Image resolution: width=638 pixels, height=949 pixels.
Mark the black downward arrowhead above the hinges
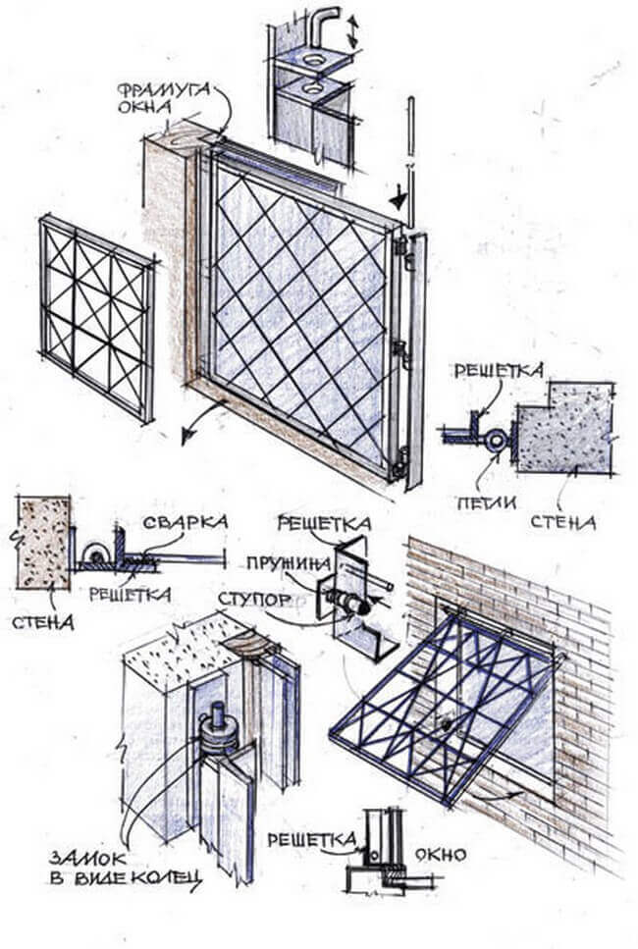[397, 200]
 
